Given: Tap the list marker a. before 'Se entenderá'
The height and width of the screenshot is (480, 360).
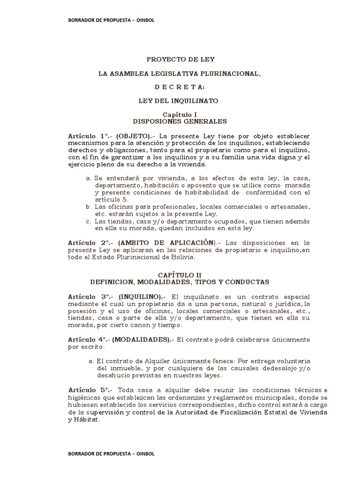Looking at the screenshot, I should pos(89,179).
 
